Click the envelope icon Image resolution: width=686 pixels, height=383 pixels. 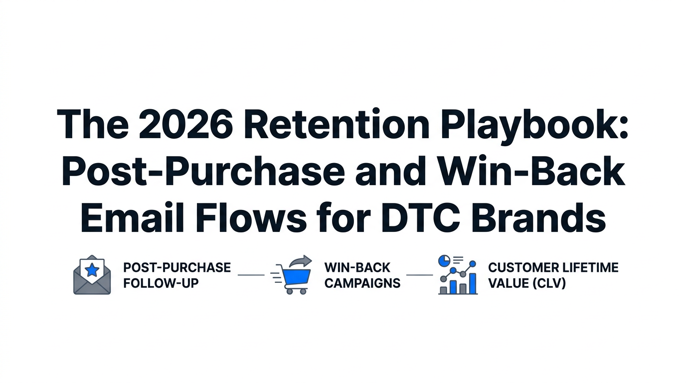coord(92,277)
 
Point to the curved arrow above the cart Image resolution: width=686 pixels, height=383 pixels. coord(301,262)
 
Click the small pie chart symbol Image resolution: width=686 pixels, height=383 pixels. coord(443,261)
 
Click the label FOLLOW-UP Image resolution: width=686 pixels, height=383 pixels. coord(161,283)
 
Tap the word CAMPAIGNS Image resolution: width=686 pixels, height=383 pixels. coord(362,283)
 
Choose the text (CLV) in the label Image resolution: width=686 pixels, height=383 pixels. coord(548,283)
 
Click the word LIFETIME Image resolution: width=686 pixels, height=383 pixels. coord(590,267)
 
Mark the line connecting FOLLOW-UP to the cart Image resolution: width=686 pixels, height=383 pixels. coord(251,275)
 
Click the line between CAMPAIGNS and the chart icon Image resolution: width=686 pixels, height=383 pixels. coord(420,275)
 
